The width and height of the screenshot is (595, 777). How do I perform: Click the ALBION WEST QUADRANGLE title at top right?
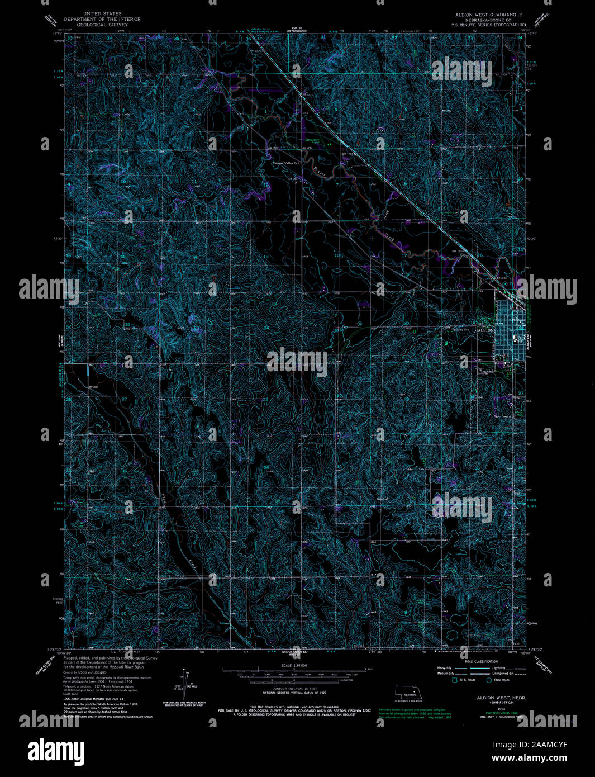pyautogui.click(x=488, y=14)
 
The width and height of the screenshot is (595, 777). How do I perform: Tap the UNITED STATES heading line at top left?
pyautogui.click(x=102, y=13)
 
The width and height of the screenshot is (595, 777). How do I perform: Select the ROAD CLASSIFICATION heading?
pyautogui.click(x=482, y=661)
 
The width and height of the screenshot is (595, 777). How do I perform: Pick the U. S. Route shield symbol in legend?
pyautogui.click(x=455, y=680)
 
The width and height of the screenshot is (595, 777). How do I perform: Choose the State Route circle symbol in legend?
pyautogui.click(x=489, y=680)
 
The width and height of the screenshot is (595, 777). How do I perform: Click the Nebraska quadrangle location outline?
pyautogui.click(x=408, y=691)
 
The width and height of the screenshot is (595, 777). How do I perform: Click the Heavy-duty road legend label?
pyautogui.click(x=445, y=668)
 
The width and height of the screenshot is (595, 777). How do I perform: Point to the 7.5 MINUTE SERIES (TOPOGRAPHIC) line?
pyautogui.click(x=488, y=25)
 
